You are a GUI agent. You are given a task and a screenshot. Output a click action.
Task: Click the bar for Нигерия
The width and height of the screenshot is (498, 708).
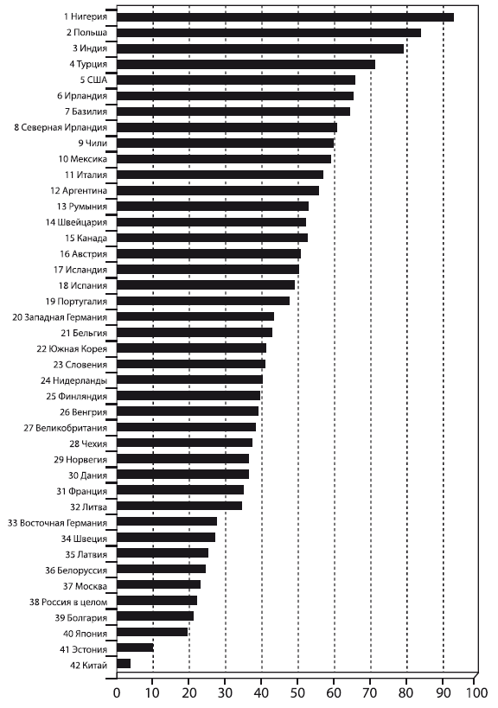click(x=285, y=17)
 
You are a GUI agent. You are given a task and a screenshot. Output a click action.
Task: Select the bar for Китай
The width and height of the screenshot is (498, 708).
click(x=124, y=663)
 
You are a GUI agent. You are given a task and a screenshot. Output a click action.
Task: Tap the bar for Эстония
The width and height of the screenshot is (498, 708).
click(x=135, y=647)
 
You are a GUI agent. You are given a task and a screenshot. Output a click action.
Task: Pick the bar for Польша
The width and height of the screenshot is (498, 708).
click(x=269, y=33)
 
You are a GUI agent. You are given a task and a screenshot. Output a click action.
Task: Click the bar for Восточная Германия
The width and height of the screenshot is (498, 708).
click(x=167, y=521)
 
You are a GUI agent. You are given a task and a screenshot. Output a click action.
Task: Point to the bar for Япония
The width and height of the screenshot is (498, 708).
click(x=152, y=632)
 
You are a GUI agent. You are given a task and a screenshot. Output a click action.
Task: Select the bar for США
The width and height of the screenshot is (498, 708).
click(x=236, y=80)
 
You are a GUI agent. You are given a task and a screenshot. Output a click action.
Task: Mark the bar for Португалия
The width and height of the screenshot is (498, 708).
click(x=203, y=301)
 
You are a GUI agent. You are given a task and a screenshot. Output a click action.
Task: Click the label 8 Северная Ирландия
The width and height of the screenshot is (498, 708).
click(x=61, y=127)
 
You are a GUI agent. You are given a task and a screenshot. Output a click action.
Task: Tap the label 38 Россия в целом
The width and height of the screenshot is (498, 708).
click(x=68, y=602)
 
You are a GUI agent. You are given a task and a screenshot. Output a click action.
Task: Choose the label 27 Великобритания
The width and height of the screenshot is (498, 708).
click(x=66, y=428)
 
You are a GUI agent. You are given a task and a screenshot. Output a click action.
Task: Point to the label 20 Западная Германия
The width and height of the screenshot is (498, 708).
click(x=60, y=317)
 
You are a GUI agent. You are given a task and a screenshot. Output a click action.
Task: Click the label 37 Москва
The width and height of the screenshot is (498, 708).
click(x=85, y=586)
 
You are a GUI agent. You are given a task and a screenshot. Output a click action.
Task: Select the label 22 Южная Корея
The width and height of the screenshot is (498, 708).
click(x=72, y=349)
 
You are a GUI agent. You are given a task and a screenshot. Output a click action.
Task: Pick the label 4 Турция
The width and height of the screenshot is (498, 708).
click(x=88, y=64)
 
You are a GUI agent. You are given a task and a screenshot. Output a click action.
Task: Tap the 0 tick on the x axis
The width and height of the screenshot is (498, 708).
click(x=117, y=693)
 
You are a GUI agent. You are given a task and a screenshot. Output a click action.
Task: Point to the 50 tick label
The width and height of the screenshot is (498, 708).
click(x=297, y=693)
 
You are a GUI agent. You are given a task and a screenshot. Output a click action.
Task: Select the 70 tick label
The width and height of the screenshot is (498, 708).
click(x=370, y=693)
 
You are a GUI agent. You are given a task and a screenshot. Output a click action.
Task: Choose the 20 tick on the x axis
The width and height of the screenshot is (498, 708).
click(x=189, y=693)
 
